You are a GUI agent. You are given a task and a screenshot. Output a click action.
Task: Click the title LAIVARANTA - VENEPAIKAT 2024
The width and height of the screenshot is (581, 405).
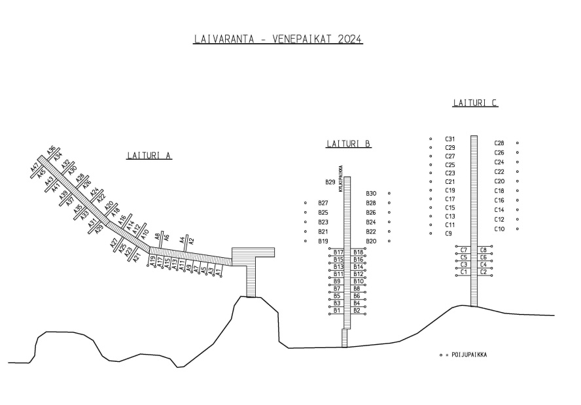278,39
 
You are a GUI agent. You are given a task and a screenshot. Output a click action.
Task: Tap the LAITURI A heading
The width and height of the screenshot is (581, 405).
149,155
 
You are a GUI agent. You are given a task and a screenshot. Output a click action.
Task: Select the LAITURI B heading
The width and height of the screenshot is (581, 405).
349,143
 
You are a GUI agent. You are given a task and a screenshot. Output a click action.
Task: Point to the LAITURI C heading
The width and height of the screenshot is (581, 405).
476,103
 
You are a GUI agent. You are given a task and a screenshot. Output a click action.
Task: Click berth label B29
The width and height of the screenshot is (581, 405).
330,182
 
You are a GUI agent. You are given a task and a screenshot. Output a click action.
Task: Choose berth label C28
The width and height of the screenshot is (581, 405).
499,143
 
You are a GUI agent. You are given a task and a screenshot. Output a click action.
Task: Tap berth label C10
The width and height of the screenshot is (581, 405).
499,229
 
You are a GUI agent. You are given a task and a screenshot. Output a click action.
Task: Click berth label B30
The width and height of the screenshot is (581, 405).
371,194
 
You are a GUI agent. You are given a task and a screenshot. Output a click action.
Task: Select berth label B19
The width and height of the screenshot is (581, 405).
323,241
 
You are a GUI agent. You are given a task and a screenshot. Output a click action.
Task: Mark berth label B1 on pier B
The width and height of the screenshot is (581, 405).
338,310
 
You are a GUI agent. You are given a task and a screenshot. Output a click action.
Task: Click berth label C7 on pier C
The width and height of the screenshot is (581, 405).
464,250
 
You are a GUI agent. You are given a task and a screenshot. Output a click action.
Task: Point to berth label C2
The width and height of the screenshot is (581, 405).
484,272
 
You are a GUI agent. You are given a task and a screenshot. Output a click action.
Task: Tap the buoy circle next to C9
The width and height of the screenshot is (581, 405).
431,233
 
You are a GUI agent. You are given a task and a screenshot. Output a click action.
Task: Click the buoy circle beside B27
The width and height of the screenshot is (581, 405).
306,203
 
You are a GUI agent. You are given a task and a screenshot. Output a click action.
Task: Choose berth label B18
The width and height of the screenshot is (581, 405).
358,252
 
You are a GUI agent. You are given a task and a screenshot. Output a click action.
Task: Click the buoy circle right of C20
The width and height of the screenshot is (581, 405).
518,181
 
